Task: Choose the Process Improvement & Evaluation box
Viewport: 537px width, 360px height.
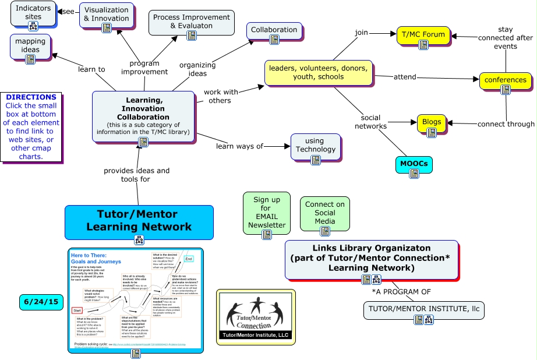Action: pos(191,23)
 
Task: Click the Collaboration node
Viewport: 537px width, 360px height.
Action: pos(274,30)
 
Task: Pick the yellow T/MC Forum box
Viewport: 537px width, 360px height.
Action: pos(423,35)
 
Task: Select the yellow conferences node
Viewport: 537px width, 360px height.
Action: pos(505,80)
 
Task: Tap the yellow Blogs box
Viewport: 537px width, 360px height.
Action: pos(432,123)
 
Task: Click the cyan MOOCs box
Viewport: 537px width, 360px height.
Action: pos(414,164)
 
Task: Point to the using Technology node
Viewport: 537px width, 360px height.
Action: pos(315,146)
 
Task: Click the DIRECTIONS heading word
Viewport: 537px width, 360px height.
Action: pos(31,97)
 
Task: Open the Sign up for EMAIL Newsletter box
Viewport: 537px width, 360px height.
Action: pos(267,213)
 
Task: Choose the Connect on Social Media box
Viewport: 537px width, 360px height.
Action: pos(324,213)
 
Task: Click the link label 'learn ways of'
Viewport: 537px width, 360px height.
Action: pos(239,146)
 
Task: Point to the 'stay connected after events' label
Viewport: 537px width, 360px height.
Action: pos(505,38)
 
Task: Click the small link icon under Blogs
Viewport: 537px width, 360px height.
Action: pos(432,133)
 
